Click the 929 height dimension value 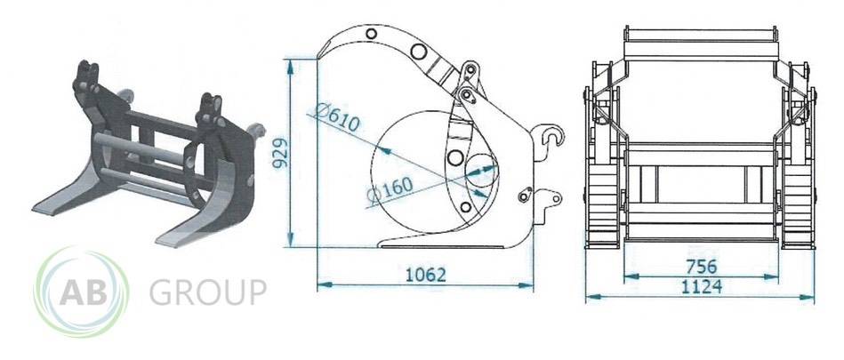click(280, 153)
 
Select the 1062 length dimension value click(426, 275)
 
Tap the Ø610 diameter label click(337, 118)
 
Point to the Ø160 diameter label click(390, 189)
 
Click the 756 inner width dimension click(702, 267)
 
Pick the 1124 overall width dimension click(702, 286)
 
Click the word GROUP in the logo click(208, 292)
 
